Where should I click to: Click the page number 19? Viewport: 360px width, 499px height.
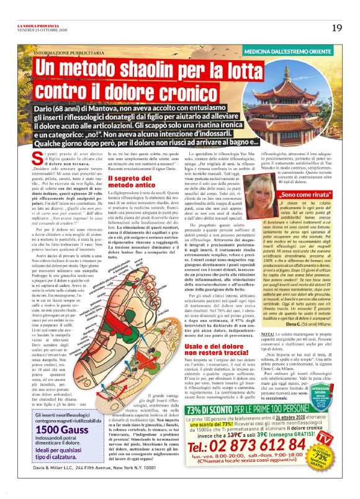[x=336, y=28]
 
